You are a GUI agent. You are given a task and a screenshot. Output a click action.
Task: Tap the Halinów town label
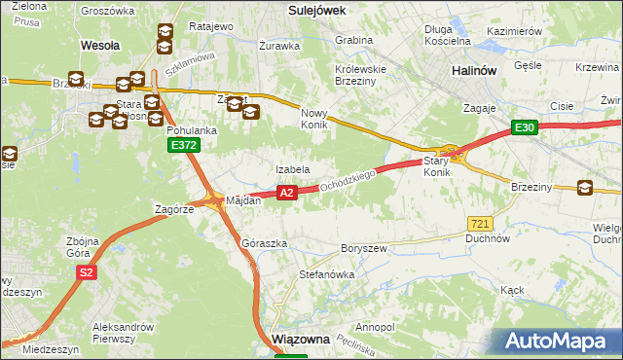pos(477,72)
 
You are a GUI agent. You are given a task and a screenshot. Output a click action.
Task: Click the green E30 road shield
pos(525,127)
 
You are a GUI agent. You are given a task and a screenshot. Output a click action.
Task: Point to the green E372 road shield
pos(182,145)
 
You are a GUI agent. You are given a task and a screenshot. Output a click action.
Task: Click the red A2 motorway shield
pos(286,194)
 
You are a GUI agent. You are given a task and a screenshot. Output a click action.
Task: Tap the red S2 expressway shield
pos(87,272)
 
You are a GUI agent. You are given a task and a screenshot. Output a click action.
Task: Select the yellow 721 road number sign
pos(478,224)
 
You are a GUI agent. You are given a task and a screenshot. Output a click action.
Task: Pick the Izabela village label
pos(292,169)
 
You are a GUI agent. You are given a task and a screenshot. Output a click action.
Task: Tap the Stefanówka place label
pos(326,275)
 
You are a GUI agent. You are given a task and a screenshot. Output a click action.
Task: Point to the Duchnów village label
pos(488,237)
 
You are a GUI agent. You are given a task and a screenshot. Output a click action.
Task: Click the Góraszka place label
pos(264,243)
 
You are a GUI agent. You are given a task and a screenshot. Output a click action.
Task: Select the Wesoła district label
pos(99,45)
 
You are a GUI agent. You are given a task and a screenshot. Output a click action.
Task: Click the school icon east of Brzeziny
pos(585,189)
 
